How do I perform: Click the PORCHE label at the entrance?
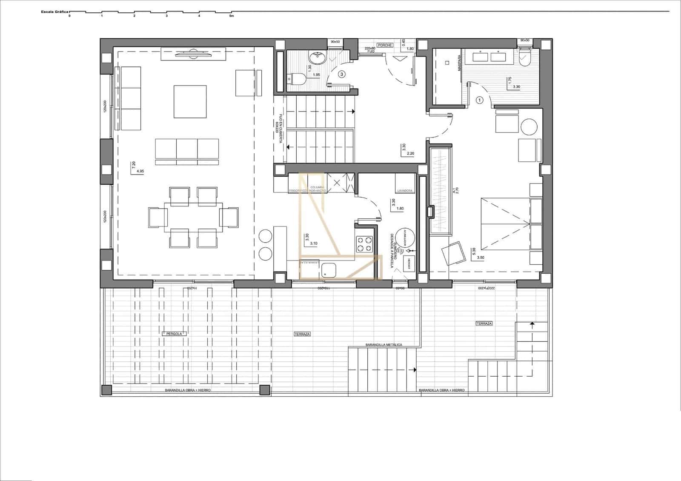pos(385,45)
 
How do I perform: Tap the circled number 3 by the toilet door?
pos(341,74)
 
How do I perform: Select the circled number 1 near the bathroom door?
pos(479,100)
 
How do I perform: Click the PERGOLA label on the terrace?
pos(175,334)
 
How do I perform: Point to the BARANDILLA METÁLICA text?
pos(383,345)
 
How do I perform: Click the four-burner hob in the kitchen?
pos(364,244)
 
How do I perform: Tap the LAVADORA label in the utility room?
pos(405,191)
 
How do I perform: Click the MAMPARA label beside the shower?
pos(459,63)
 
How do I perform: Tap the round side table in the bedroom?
pos(529,126)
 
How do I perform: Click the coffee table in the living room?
pos(190,102)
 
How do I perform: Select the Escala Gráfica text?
pos(54,12)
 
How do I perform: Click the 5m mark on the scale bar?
pos(232,16)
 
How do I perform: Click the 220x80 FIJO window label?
pos(370,49)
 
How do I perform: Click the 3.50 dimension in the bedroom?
pos(481,258)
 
